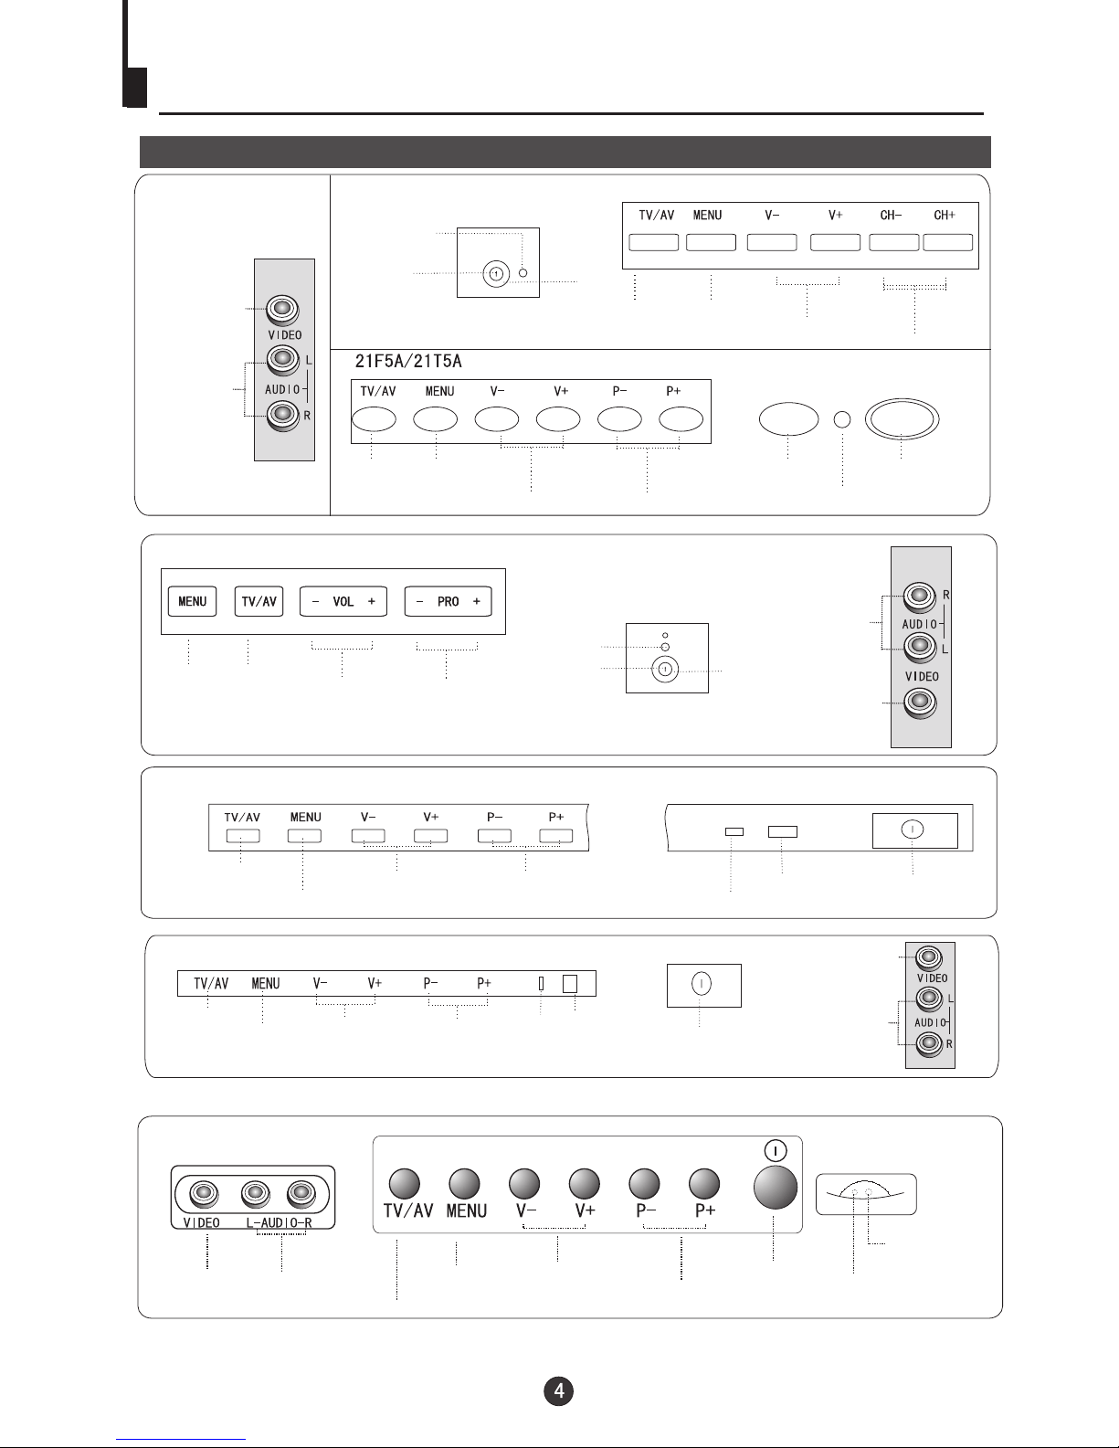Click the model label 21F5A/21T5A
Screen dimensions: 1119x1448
408,361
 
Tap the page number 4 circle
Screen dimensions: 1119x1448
559,1390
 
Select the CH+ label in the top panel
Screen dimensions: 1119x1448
945,216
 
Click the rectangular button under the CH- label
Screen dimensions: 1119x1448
894,243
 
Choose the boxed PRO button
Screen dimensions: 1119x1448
449,601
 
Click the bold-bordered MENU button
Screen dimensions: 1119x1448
193,601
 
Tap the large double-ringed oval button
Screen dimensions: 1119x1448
902,419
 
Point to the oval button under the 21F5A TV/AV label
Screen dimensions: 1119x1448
374,419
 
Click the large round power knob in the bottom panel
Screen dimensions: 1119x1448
776,1187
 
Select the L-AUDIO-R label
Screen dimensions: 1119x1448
280,1222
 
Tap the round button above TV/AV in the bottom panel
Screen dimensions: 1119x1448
405,1183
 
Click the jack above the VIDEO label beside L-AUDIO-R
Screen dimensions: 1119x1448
205,1194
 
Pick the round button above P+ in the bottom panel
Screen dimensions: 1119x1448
704,1183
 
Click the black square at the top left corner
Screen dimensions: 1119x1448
135,88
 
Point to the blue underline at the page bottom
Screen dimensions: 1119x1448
181,1440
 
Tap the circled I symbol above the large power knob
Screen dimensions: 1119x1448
776,1151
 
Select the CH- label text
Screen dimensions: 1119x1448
891,216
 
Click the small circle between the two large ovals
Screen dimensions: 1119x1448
842,419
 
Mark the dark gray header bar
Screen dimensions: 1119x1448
565,152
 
